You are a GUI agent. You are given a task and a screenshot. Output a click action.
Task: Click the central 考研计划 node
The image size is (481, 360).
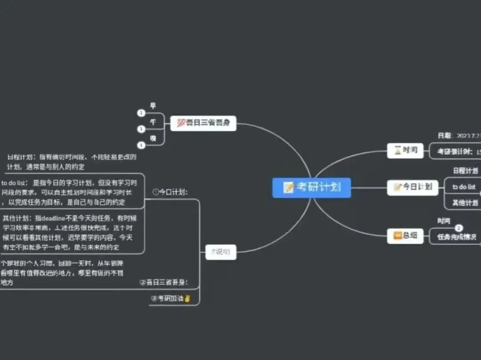311,187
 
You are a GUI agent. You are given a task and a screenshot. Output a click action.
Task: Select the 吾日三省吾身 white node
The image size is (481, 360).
203,123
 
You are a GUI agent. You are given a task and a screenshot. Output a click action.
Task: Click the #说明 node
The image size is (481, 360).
221,252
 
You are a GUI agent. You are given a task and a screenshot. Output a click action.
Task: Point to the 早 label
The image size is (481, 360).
153,106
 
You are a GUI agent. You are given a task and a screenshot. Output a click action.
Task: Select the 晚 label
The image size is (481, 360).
153,139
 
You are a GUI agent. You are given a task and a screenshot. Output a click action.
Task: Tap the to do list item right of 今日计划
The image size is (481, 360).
464,187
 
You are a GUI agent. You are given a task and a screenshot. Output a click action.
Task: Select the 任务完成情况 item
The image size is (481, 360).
457,237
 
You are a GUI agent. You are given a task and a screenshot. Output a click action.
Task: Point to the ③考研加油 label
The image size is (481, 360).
171,299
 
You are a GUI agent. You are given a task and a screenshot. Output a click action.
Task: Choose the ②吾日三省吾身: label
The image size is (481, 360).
163,282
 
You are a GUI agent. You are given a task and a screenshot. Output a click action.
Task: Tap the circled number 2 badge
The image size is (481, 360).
459,228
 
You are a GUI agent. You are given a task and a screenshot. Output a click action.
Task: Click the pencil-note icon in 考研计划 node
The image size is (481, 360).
289,187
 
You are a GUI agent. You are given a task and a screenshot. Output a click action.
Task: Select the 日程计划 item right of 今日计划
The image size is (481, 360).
465,171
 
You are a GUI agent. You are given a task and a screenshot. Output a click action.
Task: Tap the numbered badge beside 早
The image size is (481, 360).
141,113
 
